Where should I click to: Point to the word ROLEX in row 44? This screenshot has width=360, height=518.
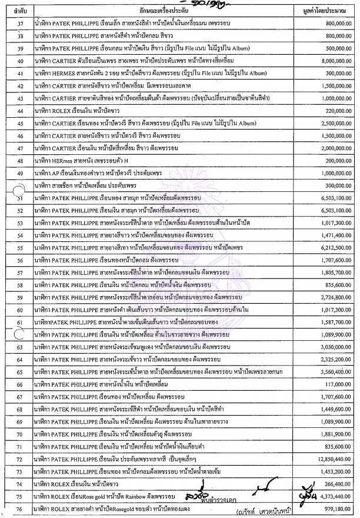coord(62,111)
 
